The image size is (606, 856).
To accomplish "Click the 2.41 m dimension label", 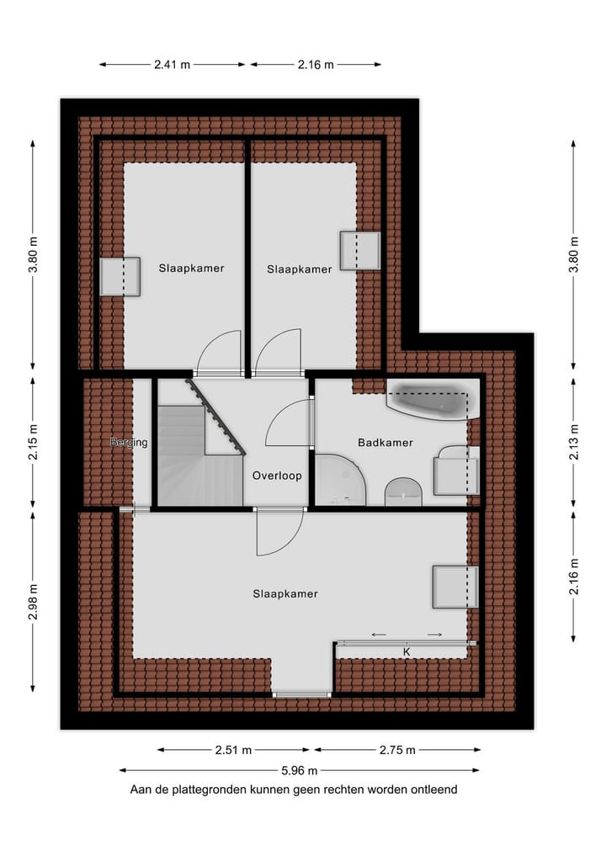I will coord(173,64).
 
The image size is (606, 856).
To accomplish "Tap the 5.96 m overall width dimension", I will coord(300,770).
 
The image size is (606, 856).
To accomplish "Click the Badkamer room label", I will coord(385,442).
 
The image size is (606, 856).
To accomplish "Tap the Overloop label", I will coord(277,476).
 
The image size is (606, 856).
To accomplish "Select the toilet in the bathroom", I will coord(404,492).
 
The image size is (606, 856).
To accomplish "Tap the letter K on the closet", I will coord(406,651).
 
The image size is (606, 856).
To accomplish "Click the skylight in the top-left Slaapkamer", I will coord(120,276).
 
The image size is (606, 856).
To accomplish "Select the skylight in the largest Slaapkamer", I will coord(454,587).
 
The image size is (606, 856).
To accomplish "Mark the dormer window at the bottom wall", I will coord(302,694).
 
